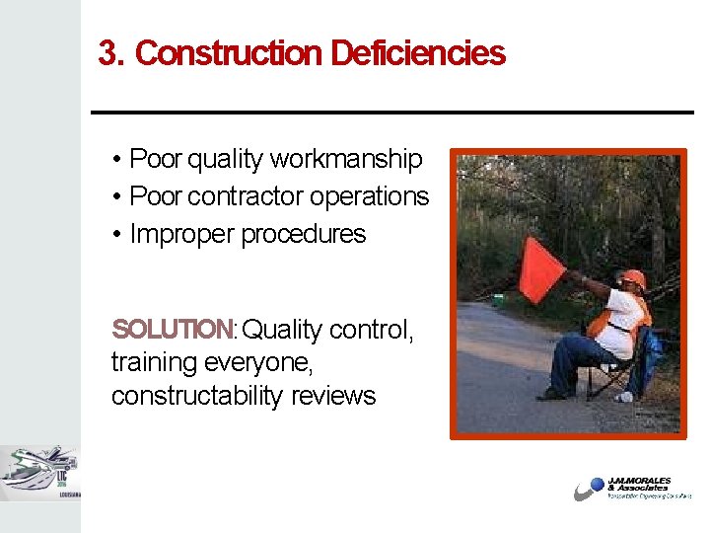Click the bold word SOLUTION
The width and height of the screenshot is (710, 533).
coord(172,329)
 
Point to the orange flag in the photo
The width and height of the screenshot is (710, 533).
coord(541,269)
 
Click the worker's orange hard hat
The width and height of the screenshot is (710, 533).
coord(633,278)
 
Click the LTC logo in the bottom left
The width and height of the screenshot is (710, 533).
coord(39,473)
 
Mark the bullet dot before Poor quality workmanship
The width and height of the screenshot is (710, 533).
coord(116,160)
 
